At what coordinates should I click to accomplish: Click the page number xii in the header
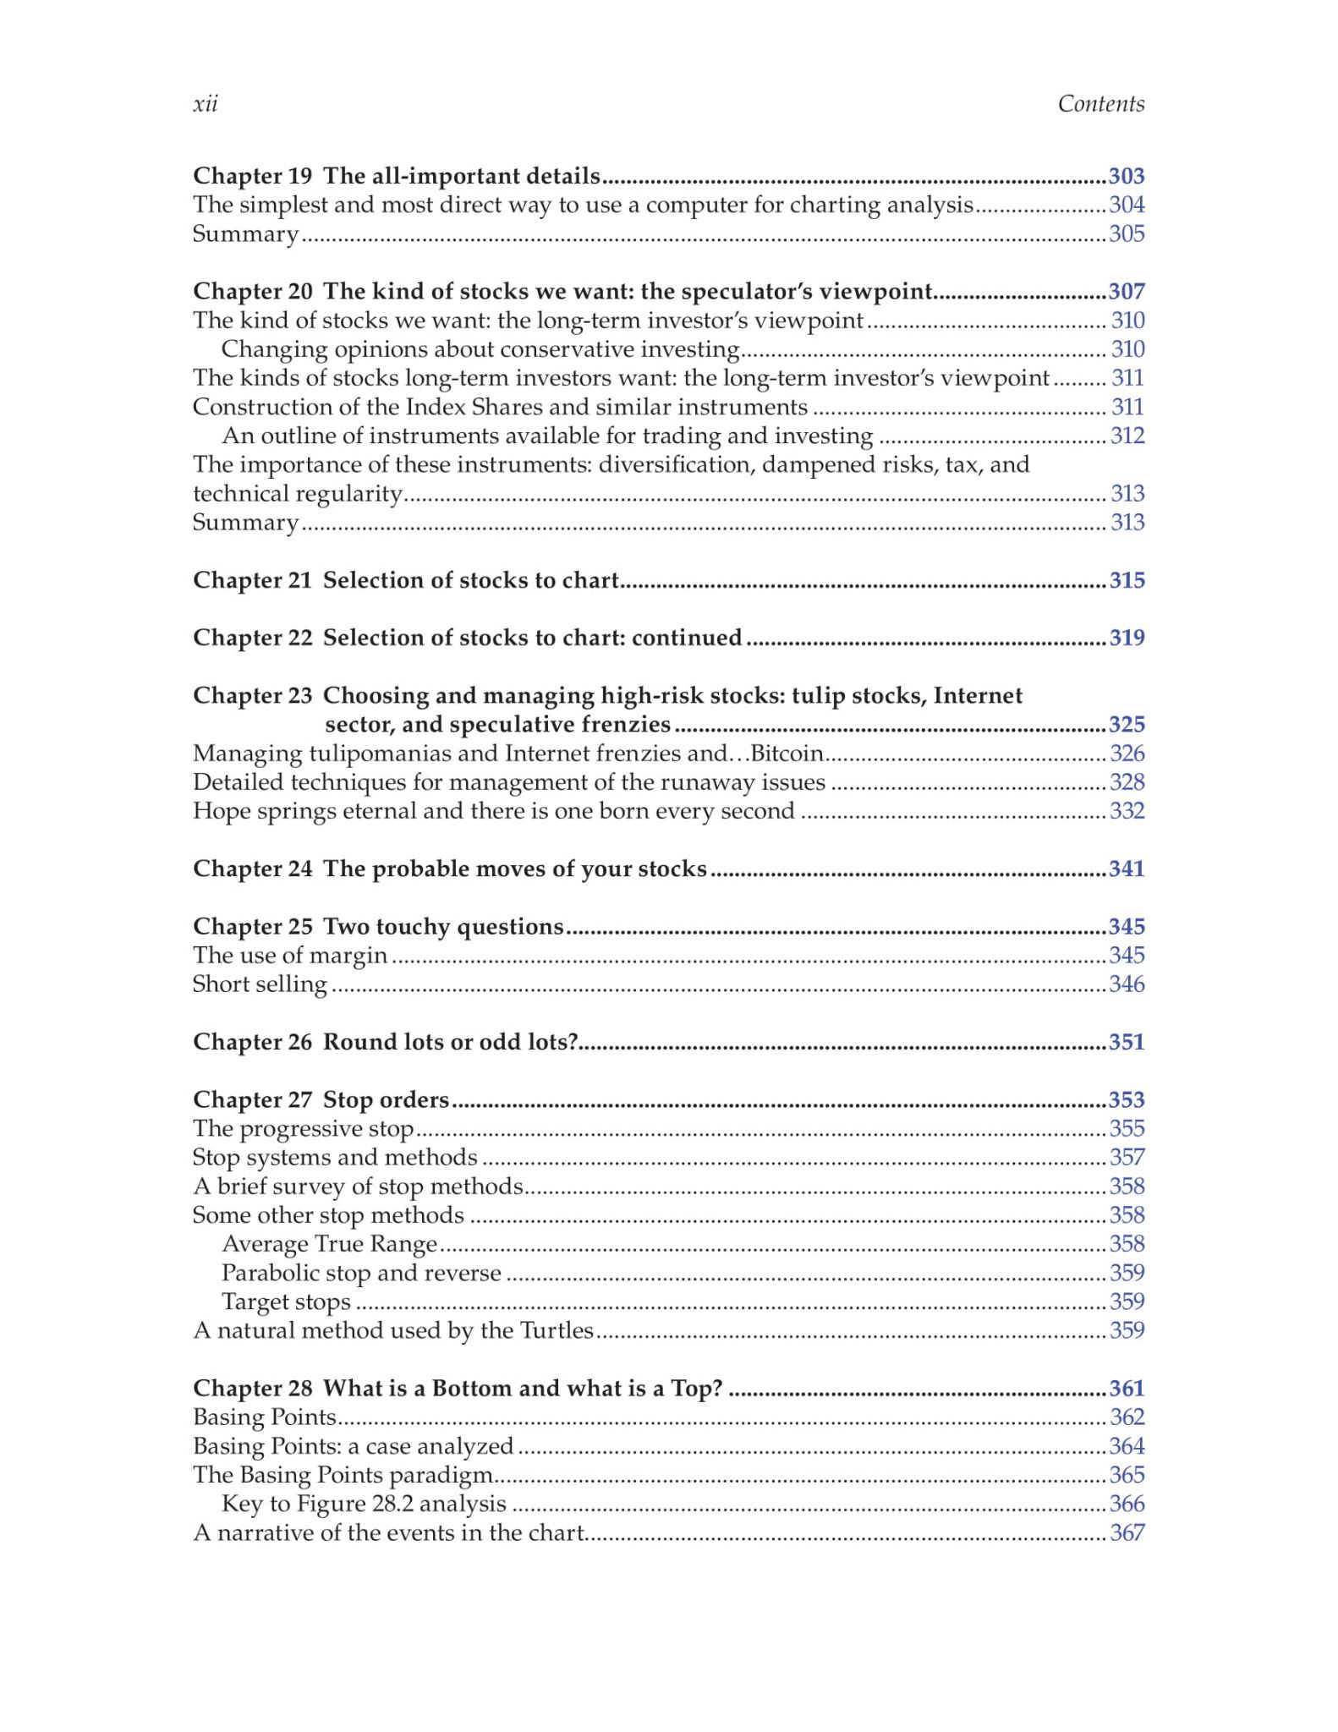click(x=206, y=104)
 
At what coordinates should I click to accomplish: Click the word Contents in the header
click(x=1100, y=104)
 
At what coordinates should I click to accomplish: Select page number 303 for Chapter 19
click(x=1127, y=176)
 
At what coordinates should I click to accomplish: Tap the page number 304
click(x=1127, y=205)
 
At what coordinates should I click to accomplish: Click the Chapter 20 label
click(x=252, y=291)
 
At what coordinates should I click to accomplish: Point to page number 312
click(x=1127, y=436)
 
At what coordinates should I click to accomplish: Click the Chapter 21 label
click(x=252, y=580)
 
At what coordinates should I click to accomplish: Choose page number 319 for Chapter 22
click(x=1127, y=638)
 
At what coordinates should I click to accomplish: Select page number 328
click(x=1127, y=781)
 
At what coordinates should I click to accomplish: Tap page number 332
click(x=1127, y=810)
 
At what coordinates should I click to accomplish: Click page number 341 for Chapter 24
click(x=1127, y=869)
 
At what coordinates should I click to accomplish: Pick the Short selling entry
click(x=260, y=984)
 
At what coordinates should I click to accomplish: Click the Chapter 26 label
click(x=252, y=1042)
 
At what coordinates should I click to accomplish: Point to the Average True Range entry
click(x=329, y=1244)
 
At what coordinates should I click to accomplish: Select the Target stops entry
click(x=286, y=1302)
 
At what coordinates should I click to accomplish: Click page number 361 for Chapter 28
click(x=1127, y=1389)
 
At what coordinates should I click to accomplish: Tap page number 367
click(x=1127, y=1532)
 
